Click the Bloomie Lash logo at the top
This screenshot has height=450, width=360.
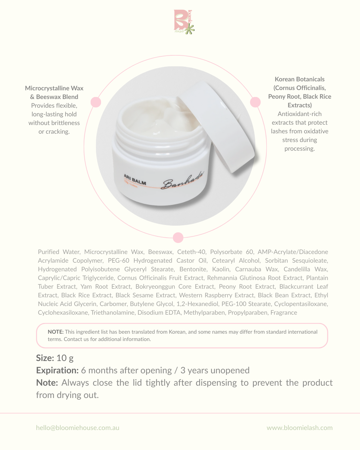point(184,22)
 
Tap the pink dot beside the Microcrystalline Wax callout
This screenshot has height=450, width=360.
point(96,102)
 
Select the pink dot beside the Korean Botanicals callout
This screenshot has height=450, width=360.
point(255,102)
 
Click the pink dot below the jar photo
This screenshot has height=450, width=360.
point(178,238)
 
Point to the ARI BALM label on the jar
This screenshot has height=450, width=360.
point(135,180)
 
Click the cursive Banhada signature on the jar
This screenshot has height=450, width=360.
point(182,180)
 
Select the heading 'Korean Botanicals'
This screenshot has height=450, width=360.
point(299,79)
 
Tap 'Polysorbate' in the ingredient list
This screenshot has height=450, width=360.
point(226,252)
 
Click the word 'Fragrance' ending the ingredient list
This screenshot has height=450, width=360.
point(284,313)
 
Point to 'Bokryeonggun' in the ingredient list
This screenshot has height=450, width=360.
point(155,287)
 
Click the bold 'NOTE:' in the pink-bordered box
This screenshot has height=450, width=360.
point(56,332)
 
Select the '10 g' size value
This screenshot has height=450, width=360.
point(65,358)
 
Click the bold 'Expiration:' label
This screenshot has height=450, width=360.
point(57,370)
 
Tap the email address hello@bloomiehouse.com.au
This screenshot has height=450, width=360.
point(78,428)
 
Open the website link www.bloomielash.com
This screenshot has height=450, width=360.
point(299,428)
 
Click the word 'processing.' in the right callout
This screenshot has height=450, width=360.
point(299,149)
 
